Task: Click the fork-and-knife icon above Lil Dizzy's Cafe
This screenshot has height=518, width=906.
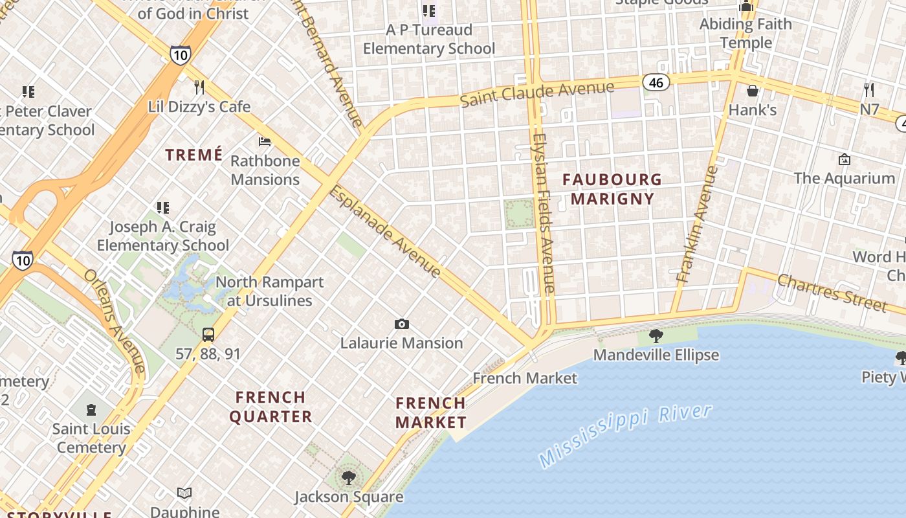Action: pyautogui.click(x=199, y=87)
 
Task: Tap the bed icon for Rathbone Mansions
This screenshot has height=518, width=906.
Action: pyautogui.click(x=265, y=141)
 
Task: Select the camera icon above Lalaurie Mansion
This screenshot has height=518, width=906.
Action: pyautogui.click(x=402, y=324)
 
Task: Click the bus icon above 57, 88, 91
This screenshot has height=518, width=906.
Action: pyautogui.click(x=208, y=335)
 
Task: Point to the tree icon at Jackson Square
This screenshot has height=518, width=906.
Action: pyautogui.click(x=349, y=478)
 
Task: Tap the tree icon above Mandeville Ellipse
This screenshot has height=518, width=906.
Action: pyautogui.click(x=656, y=335)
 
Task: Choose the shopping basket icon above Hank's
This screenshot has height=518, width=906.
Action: pyautogui.click(x=752, y=91)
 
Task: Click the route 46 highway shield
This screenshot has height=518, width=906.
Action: pyautogui.click(x=656, y=82)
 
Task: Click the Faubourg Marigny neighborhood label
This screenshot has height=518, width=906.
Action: pyautogui.click(x=612, y=189)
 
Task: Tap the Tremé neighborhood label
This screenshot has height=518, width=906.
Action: pyautogui.click(x=193, y=155)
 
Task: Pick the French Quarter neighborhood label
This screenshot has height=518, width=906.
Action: pyautogui.click(x=271, y=407)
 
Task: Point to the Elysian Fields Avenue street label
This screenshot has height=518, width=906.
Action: pyautogui.click(x=543, y=214)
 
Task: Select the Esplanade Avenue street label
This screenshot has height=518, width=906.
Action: pyautogui.click(x=385, y=232)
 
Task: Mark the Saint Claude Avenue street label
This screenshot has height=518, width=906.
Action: pyautogui.click(x=536, y=94)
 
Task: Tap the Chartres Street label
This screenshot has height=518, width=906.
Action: pyautogui.click(x=832, y=292)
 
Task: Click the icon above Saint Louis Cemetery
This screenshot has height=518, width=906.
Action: pyautogui.click(x=91, y=409)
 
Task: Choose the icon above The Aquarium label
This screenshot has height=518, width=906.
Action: pyautogui.click(x=844, y=159)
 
